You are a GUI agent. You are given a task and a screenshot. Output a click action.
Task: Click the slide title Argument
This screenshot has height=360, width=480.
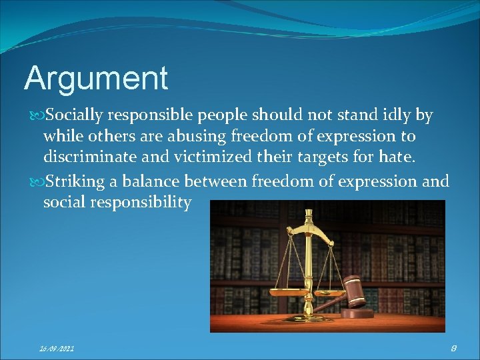coord(96,79)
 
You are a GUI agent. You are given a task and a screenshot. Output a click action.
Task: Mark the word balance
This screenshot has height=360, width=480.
coord(150,181)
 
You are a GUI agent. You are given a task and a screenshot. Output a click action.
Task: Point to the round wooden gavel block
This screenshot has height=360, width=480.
coord(361,313)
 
